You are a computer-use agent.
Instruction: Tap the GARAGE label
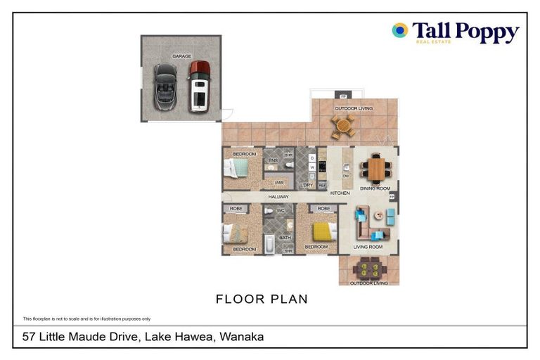pyautogui.click(x=181, y=56)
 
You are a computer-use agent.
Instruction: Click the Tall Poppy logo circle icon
pyautogui.click(x=400, y=30)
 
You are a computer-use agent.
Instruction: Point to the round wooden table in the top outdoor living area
pyautogui.click(x=343, y=127)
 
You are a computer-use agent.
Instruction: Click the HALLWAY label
pyautogui.click(x=278, y=198)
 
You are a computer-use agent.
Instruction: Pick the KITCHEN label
pyautogui.click(x=340, y=193)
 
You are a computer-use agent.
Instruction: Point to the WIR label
pyautogui.click(x=279, y=182)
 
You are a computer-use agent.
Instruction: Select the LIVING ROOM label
pyautogui.click(x=368, y=247)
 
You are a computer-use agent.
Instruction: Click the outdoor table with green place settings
pyautogui.click(x=368, y=269)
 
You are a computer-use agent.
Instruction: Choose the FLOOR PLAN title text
pyautogui.click(x=262, y=299)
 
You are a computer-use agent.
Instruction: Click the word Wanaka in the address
pyautogui.click(x=241, y=337)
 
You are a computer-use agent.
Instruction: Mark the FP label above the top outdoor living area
pyautogui.click(x=343, y=96)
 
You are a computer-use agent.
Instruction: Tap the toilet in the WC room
pyautogui.click(x=269, y=211)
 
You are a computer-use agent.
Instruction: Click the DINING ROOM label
pyautogui.click(x=375, y=188)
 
